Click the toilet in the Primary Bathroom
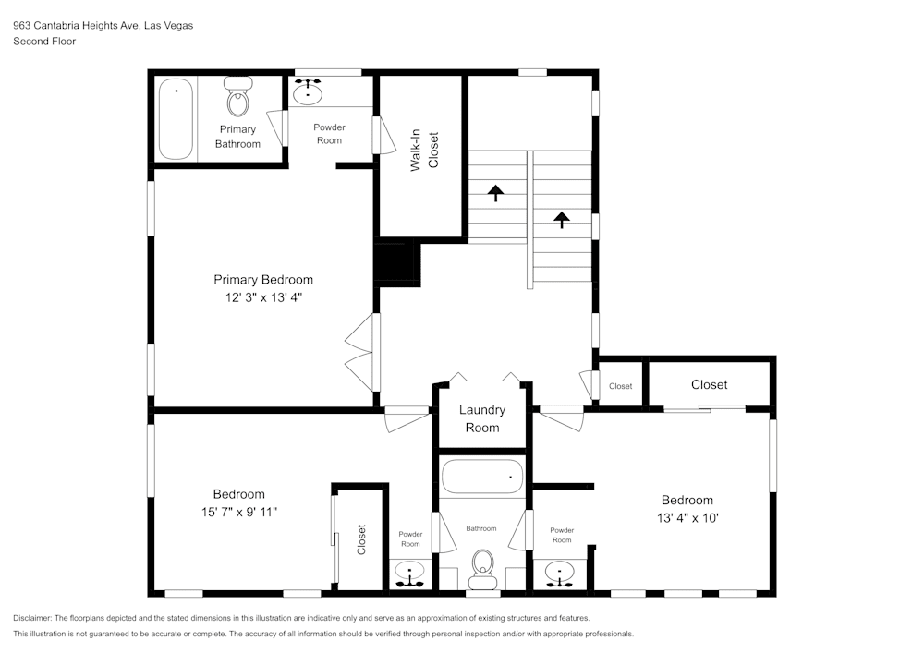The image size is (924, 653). [x=238, y=97]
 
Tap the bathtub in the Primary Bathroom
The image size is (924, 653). [x=176, y=119]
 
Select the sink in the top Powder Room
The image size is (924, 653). [x=308, y=92]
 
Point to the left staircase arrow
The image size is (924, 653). [x=496, y=192]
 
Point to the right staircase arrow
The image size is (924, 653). [x=561, y=219]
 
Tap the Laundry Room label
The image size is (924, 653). [x=481, y=418]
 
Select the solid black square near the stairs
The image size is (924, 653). [x=397, y=262]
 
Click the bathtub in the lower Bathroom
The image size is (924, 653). [x=481, y=478]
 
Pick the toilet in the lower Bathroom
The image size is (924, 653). [x=481, y=568]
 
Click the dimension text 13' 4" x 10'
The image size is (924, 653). [x=686, y=518]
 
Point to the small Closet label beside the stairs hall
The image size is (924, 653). [x=620, y=386]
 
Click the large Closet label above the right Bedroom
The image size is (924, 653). [x=709, y=384]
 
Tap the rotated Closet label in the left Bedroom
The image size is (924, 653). [x=361, y=539]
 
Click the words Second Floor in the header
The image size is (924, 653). [x=44, y=42]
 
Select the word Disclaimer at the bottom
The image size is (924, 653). [x=33, y=618]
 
